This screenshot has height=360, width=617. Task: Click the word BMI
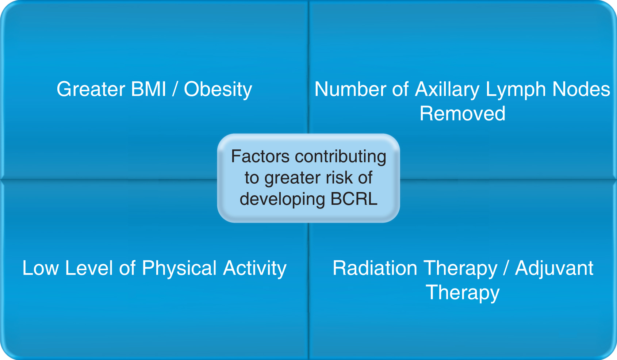[x=148, y=89]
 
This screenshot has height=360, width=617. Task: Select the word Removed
[x=463, y=113]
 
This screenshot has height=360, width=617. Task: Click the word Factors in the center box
[x=260, y=156]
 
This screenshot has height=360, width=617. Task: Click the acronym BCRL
[x=354, y=199]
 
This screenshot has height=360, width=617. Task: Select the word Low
[x=41, y=268]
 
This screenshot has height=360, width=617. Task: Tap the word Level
[x=89, y=268]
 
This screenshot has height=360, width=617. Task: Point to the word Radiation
[x=375, y=268]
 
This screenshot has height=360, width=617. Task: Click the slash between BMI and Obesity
[x=175, y=89]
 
